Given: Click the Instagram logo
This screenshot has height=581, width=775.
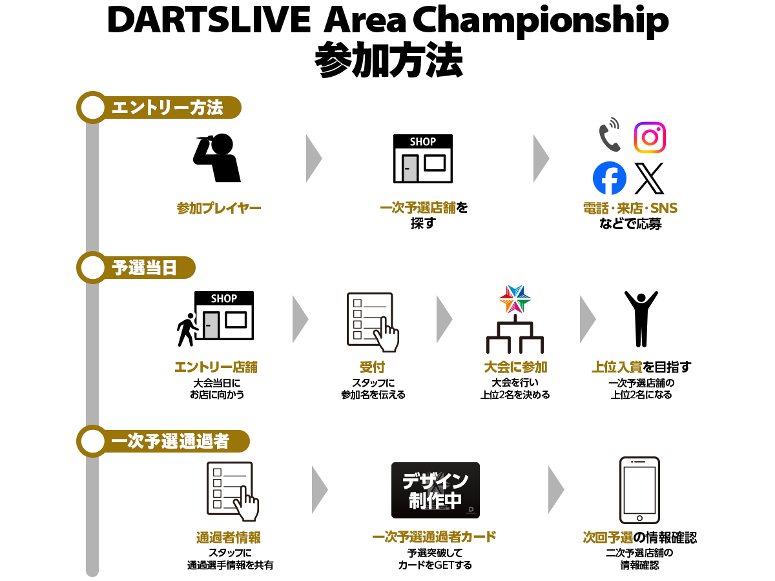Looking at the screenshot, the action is tap(650, 138).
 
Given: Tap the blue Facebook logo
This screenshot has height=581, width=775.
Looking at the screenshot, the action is tap(610, 178).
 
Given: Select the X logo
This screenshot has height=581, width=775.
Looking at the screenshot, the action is tap(649, 178).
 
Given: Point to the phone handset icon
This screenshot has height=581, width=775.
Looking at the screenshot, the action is tap(610, 135).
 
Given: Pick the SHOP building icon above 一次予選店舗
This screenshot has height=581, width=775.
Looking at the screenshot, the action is tap(422, 159).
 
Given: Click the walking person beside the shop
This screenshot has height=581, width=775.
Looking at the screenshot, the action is tap(187, 330).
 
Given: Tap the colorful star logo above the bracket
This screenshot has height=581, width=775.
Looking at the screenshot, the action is tap(515, 299).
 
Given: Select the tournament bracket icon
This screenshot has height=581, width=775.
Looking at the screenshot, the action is tap(515, 334).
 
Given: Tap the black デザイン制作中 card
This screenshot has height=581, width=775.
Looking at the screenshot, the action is tap(435, 490).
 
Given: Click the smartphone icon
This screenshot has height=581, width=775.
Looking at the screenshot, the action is tap(639, 491).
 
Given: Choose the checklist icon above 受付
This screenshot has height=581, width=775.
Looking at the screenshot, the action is tap(373, 322).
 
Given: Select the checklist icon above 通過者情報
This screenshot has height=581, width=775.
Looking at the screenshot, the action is tap(232, 491).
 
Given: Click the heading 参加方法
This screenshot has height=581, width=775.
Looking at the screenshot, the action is tap(388, 60).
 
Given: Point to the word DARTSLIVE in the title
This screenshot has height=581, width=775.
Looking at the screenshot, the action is tap(209, 20).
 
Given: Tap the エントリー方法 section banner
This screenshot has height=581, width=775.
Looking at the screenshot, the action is tap(159, 107).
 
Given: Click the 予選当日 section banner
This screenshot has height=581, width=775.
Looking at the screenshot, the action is tap(136, 267).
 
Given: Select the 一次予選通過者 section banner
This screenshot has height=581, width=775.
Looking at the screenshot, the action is tap(163, 441).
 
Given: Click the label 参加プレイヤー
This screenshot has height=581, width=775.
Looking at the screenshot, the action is tap(219, 208).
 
